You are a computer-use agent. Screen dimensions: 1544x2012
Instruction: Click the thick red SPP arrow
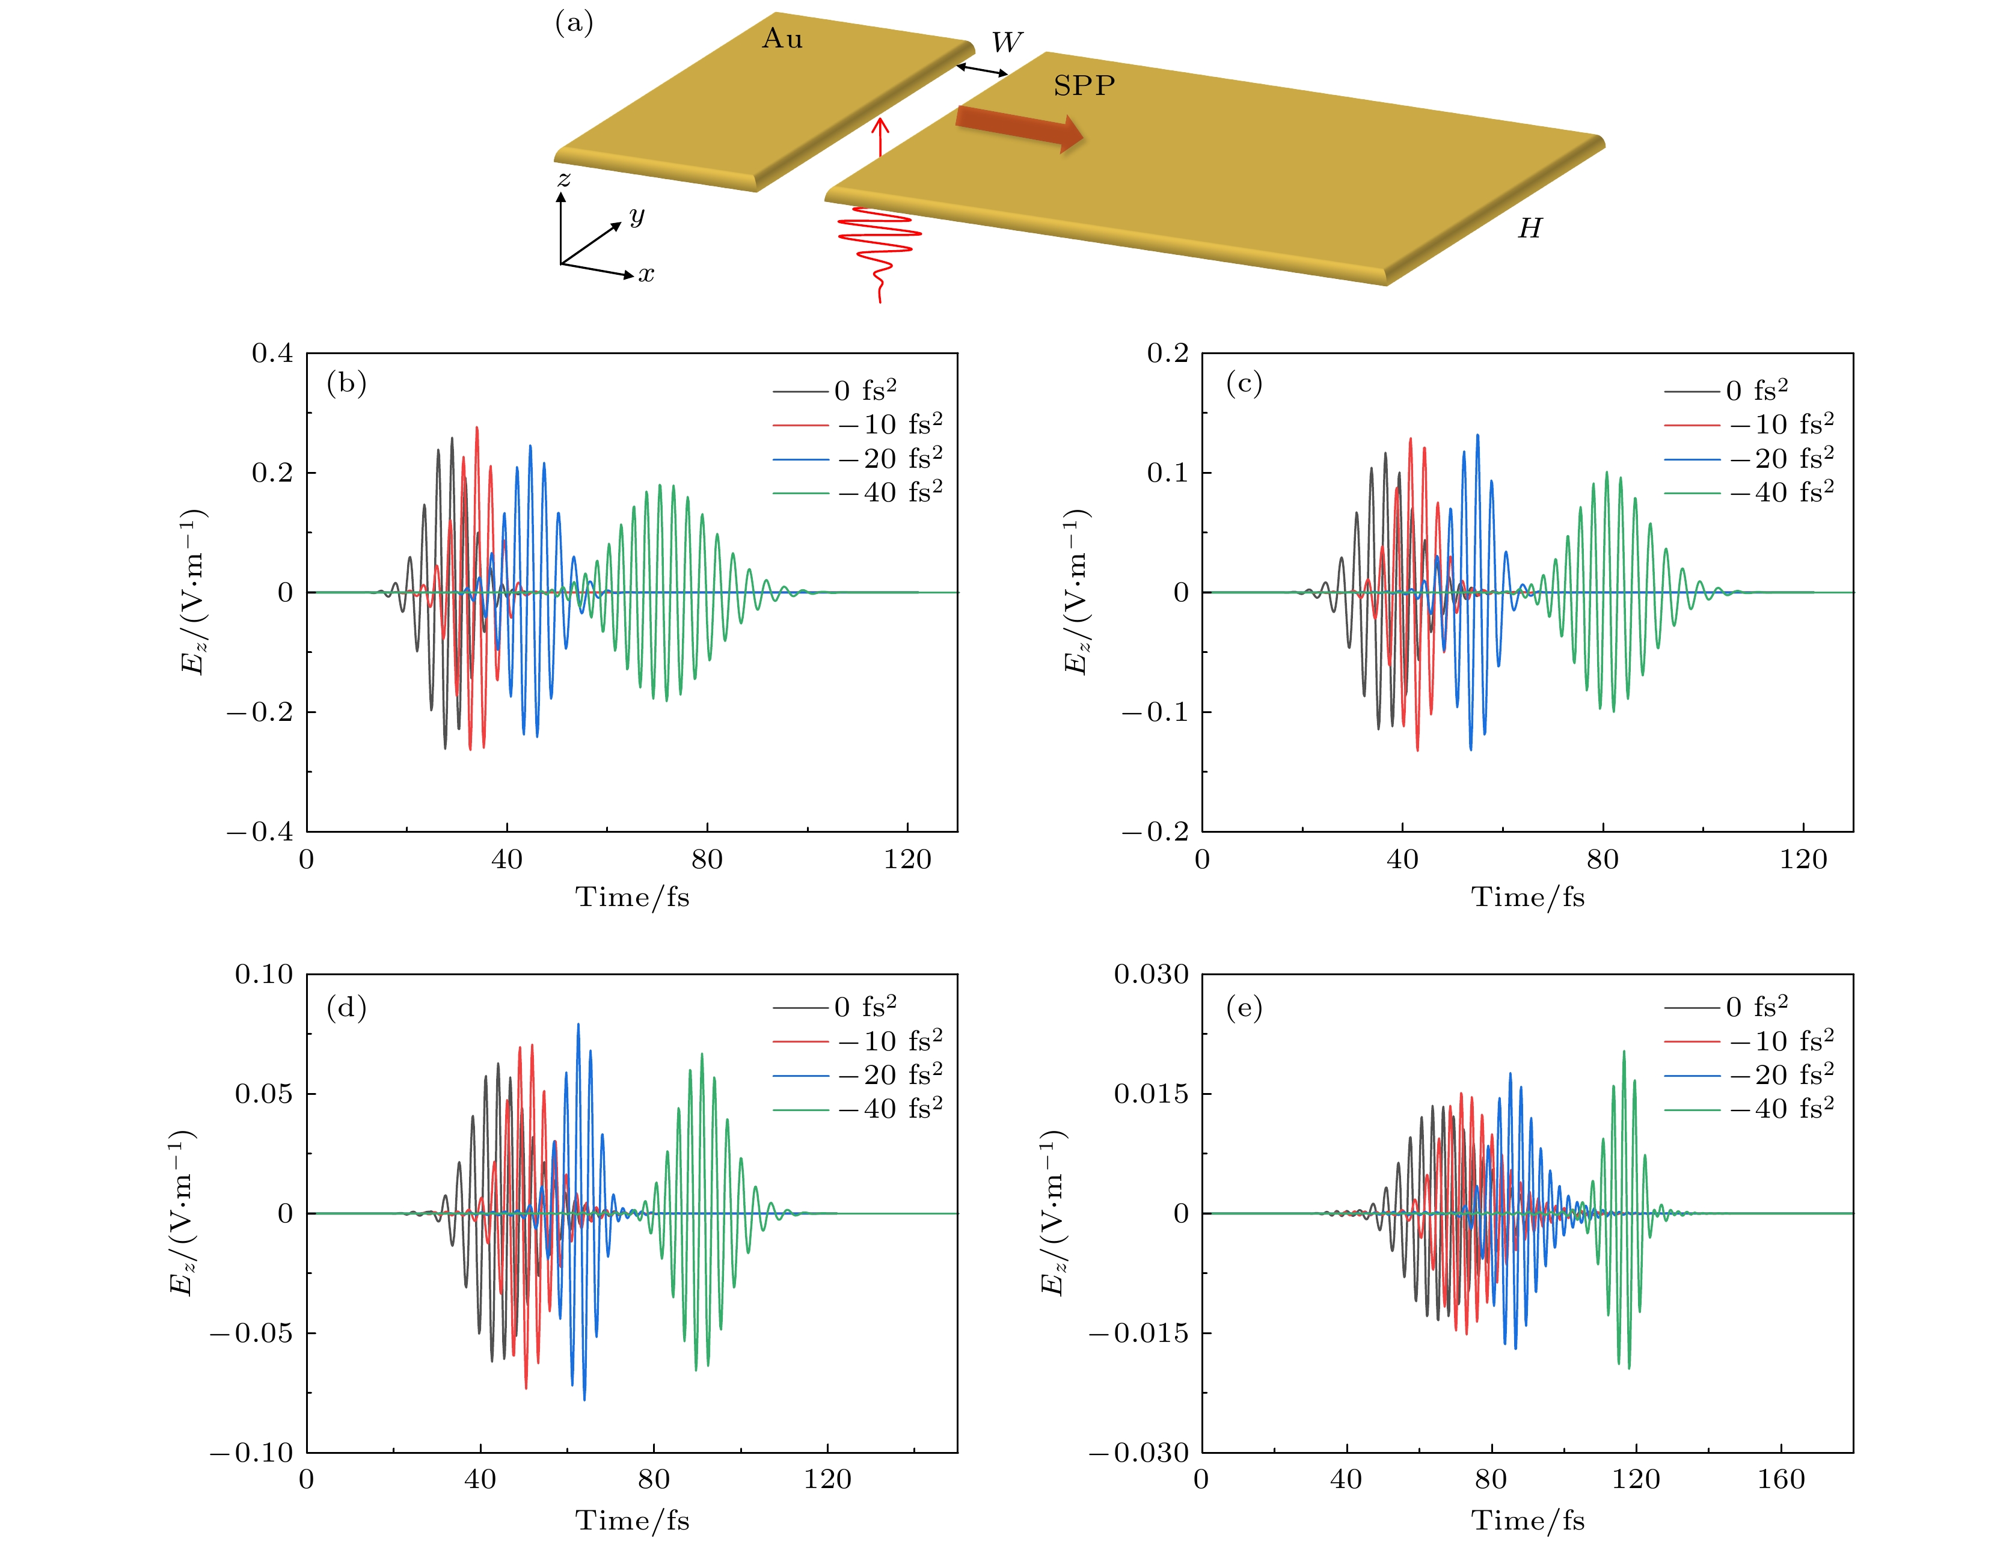point(1019,127)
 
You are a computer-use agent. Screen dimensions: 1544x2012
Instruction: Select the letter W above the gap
point(1007,42)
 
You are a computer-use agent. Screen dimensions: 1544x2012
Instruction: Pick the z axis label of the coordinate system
point(563,179)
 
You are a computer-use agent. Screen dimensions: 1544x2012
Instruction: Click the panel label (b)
point(346,382)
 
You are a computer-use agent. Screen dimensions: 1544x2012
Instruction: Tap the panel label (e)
point(1244,1008)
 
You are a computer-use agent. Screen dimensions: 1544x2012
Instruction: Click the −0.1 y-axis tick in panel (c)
point(1155,712)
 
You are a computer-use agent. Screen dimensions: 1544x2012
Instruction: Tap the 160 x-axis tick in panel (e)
point(1780,1478)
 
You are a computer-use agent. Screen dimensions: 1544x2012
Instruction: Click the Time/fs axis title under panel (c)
point(1527,897)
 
